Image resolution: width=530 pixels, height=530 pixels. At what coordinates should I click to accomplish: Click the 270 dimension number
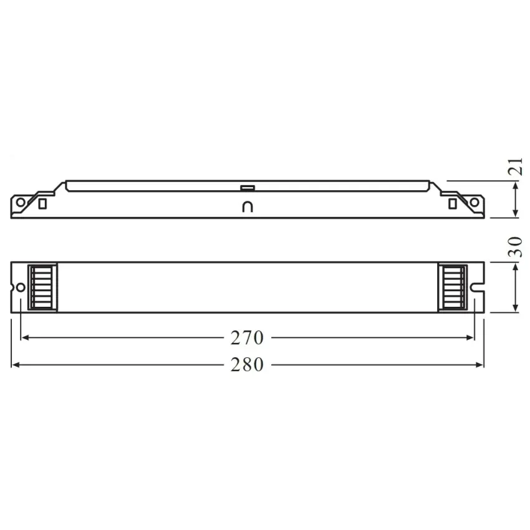(x=248, y=338)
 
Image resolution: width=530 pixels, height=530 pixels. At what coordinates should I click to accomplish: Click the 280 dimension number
(x=248, y=365)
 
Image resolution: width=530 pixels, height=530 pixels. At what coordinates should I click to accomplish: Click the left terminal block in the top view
(x=43, y=287)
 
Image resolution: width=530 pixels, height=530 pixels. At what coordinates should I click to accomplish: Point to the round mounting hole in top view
(x=21, y=287)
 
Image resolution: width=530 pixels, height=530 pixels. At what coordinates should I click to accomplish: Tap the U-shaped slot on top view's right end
(x=478, y=287)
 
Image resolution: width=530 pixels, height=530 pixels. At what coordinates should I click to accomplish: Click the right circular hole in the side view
(x=475, y=202)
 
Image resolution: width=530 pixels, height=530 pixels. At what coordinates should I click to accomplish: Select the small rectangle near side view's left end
(x=42, y=203)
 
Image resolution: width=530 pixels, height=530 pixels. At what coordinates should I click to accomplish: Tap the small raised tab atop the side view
(x=248, y=186)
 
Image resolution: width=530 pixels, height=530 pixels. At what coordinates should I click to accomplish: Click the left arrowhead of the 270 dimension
(x=25, y=338)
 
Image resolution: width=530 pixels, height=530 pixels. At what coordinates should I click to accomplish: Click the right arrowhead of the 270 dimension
(x=470, y=338)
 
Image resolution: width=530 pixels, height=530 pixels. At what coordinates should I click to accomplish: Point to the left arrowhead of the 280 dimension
(x=16, y=365)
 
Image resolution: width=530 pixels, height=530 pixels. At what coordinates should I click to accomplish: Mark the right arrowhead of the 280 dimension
(x=480, y=365)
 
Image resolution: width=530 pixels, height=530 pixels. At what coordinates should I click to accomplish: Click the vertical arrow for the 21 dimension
(x=516, y=200)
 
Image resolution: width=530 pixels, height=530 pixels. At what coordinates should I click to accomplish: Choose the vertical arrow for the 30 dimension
(x=516, y=287)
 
